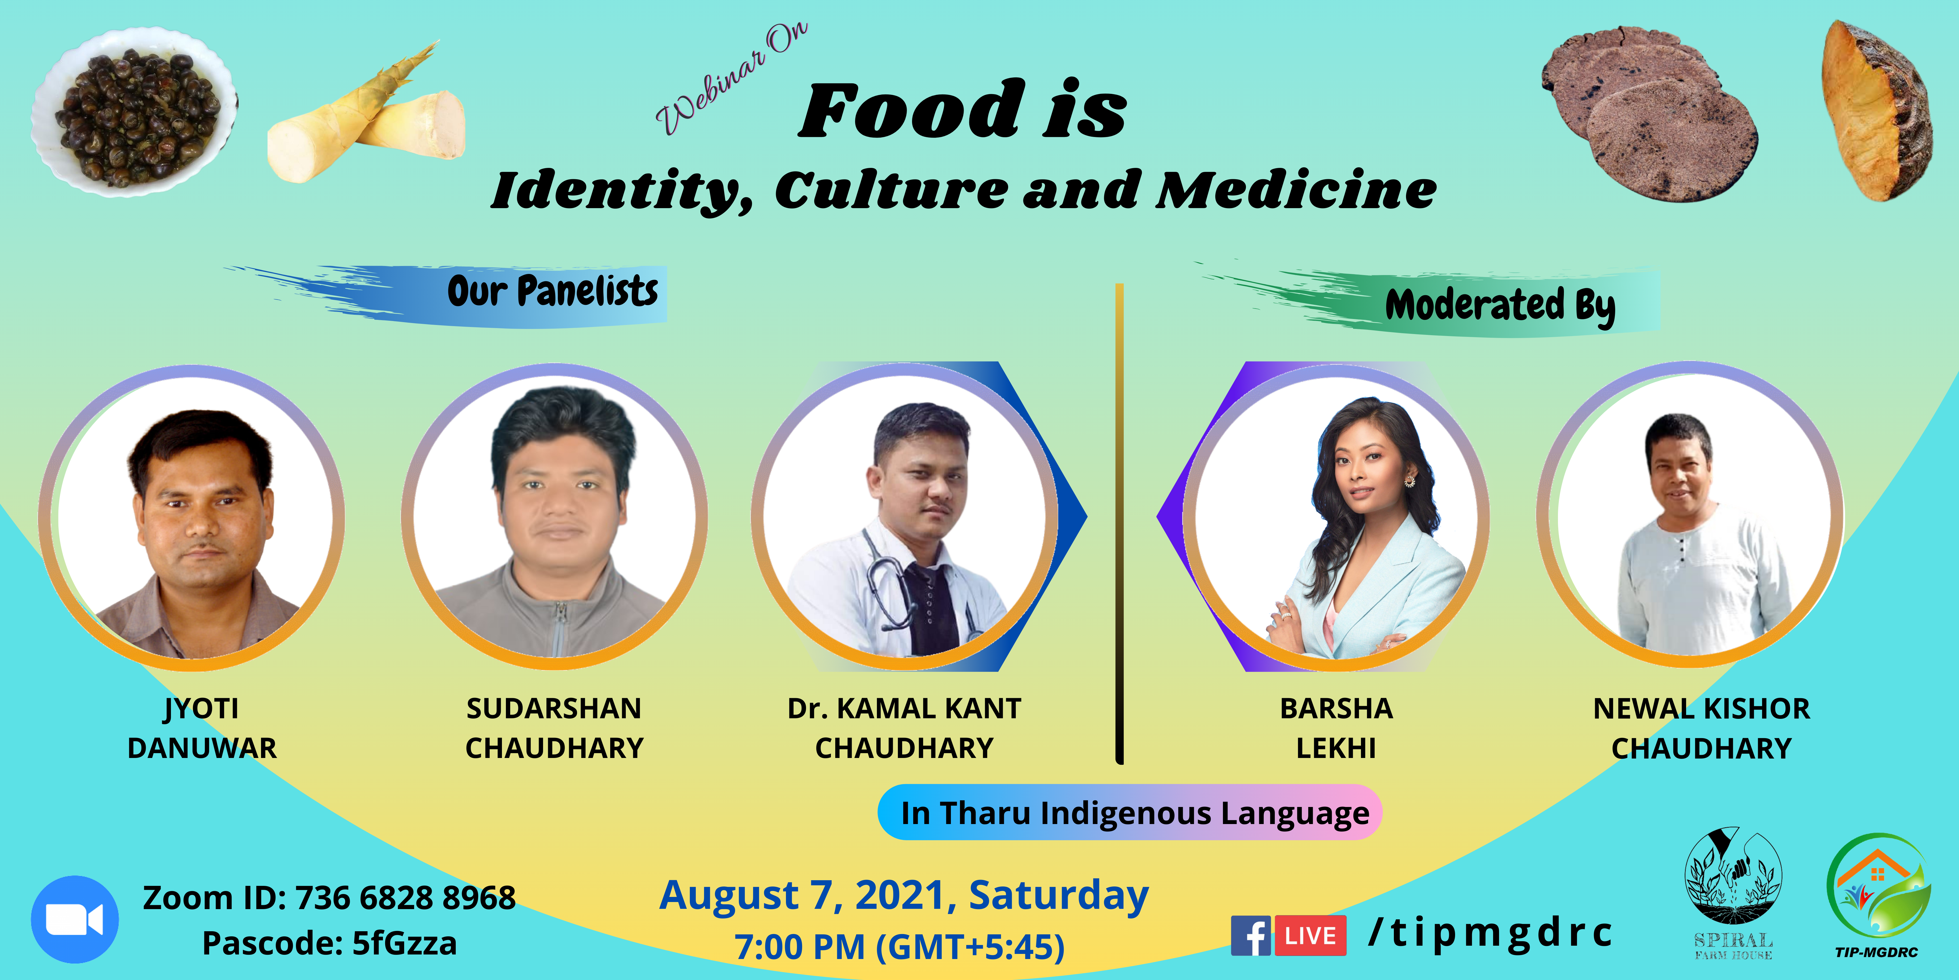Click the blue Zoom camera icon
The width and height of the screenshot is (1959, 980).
pos(75,919)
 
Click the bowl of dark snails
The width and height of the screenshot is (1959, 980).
pos(134,113)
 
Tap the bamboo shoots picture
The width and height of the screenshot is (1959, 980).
pos(366,114)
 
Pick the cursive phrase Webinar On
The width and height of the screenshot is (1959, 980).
pos(732,78)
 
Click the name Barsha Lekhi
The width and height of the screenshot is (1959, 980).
pos(1336,728)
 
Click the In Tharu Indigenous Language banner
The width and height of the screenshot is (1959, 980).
pos(1130,813)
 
